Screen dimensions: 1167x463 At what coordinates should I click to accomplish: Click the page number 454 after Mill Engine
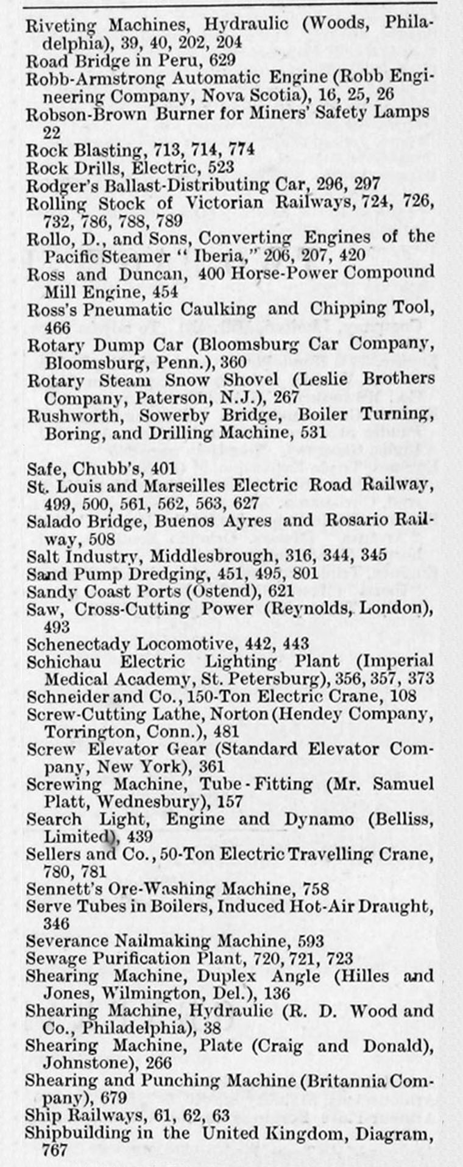tap(166, 292)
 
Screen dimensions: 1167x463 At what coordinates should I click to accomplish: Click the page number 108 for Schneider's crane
tap(403, 696)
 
